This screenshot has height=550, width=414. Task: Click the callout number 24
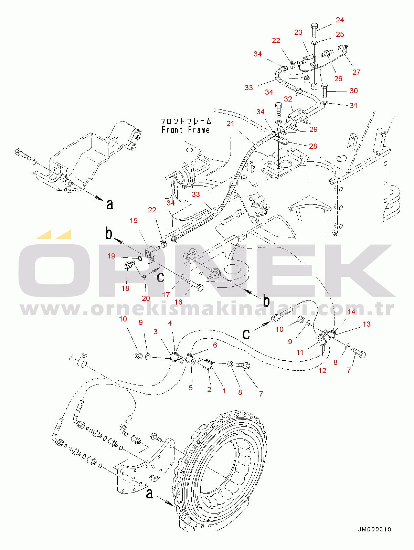click(x=340, y=20)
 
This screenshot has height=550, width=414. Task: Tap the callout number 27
click(x=356, y=72)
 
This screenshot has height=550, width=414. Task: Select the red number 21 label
click(x=230, y=123)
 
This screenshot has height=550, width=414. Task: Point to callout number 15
click(x=134, y=220)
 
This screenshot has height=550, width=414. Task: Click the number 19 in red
click(x=111, y=256)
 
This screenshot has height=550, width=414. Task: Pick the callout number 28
click(x=313, y=146)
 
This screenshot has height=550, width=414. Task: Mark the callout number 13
click(x=367, y=324)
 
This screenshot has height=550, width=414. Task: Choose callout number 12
click(x=322, y=370)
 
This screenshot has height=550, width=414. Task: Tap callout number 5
click(x=191, y=388)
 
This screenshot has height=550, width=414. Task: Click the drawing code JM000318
click(x=374, y=529)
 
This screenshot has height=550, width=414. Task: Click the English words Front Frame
click(x=185, y=130)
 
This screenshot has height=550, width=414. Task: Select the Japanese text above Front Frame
click(x=186, y=121)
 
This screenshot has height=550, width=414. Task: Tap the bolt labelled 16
click(x=195, y=285)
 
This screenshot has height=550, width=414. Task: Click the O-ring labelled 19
click(x=140, y=258)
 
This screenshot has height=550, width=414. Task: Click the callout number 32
click(x=288, y=99)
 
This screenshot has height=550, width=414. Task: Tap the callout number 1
click(x=224, y=391)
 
